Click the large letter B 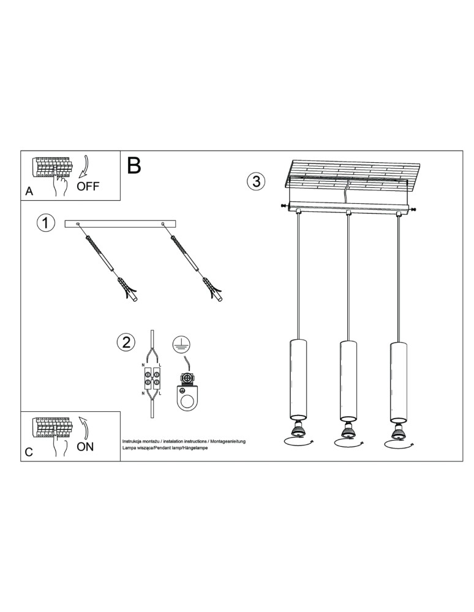[x=134, y=165]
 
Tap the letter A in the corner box [x=29, y=192]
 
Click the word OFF [x=88, y=186]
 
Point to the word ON [x=86, y=446]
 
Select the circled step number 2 [x=126, y=342]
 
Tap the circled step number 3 [x=255, y=181]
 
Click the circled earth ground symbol [x=179, y=344]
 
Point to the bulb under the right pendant [x=397, y=430]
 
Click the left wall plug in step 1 [x=127, y=288]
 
